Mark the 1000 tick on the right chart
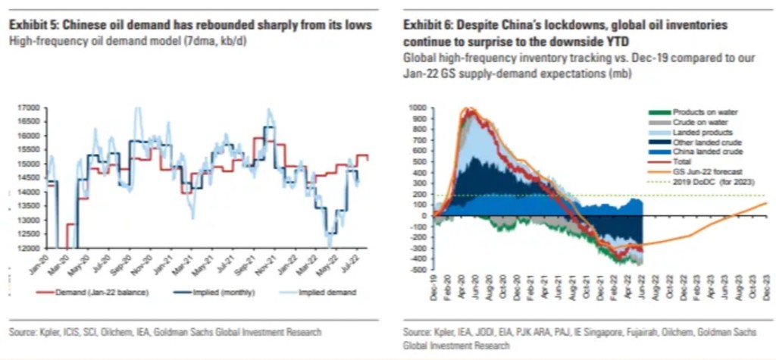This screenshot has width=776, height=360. pos(418,108)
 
